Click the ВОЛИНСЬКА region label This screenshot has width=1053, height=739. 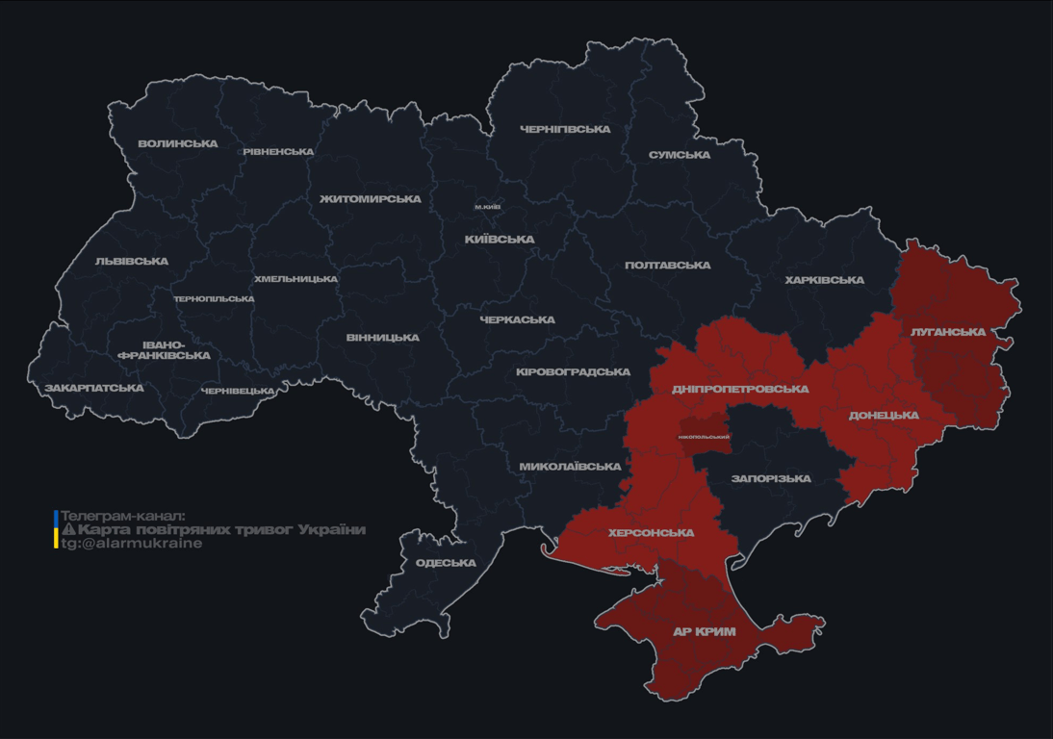(178, 143)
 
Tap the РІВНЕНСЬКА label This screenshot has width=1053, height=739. (278, 151)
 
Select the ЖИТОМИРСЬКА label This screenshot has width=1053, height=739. (371, 198)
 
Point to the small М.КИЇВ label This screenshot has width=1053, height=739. (487, 207)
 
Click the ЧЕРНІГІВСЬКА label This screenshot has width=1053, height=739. (565, 129)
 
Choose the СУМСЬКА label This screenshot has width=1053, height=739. (680, 155)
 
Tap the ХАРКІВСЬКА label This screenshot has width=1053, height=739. (824, 280)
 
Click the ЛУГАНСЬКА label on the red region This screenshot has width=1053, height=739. (948, 332)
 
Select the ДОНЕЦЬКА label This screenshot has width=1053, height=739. (884, 416)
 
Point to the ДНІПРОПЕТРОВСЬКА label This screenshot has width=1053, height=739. (740, 389)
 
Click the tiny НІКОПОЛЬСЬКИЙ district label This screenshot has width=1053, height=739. (704, 437)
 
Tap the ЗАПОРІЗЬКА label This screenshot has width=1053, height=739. (771, 478)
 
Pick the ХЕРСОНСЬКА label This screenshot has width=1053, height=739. (651, 532)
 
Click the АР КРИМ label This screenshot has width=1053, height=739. (704, 632)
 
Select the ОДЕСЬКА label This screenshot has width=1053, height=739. (446, 563)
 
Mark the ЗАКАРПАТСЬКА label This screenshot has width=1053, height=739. (94, 388)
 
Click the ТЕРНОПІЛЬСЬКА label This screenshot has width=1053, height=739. (214, 298)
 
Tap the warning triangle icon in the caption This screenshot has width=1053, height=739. (68, 529)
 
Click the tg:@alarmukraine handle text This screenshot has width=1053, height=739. (132, 544)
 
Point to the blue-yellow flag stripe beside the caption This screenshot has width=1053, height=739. (56, 529)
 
